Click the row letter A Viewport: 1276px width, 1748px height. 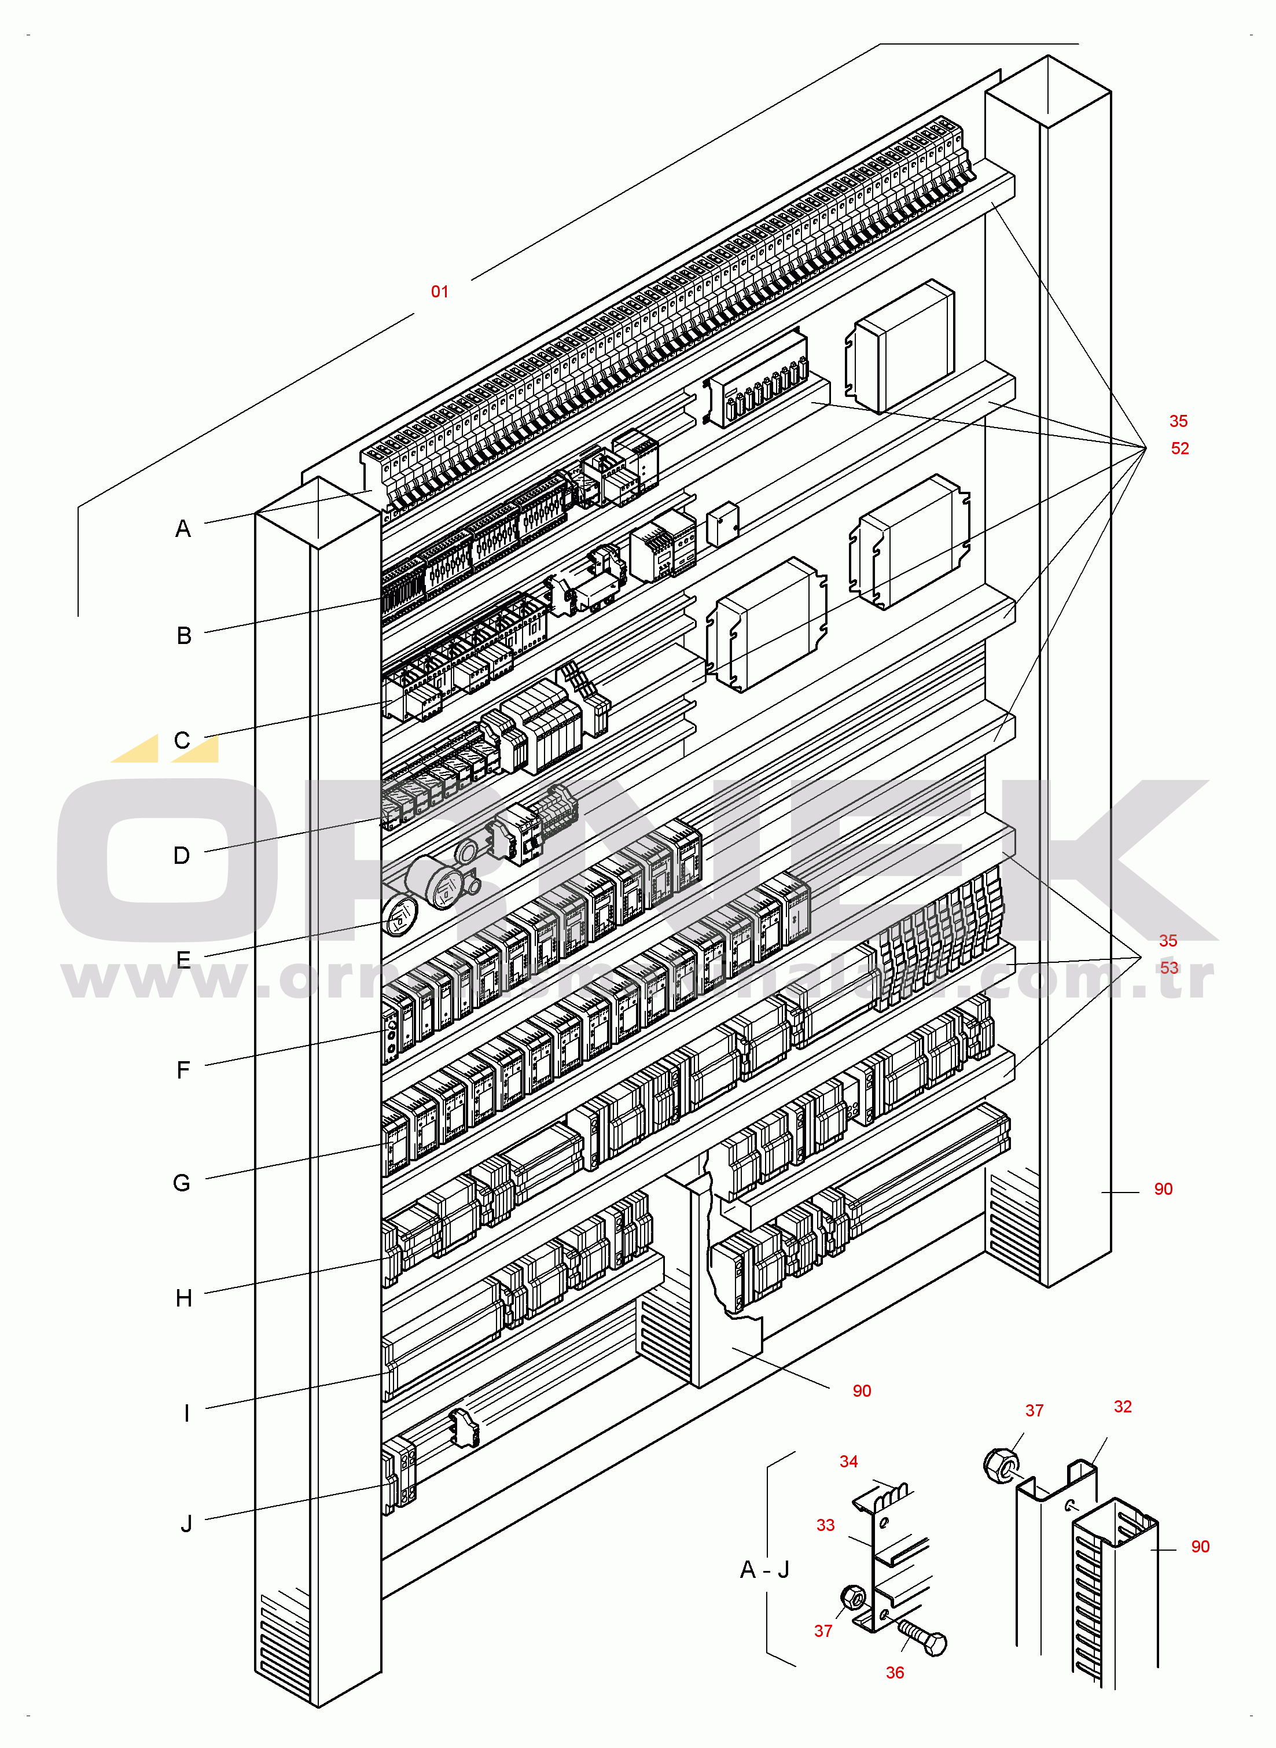tap(183, 529)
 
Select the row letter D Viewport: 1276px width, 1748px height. tap(182, 855)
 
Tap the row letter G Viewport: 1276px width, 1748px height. tap(182, 1183)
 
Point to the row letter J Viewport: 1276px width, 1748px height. tap(186, 1524)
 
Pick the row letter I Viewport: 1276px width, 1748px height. tap(186, 1413)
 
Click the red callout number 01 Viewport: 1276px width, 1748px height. tap(439, 292)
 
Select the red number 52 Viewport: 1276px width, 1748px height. tap(1179, 448)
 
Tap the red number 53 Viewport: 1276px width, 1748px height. tap(1168, 967)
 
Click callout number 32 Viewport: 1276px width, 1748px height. tap(1122, 1407)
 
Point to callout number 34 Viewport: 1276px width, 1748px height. tap(848, 1462)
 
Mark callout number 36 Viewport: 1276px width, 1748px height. tap(895, 1672)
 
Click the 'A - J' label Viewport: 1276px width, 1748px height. tap(764, 1570)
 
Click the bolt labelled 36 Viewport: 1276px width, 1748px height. tap(923, 1637)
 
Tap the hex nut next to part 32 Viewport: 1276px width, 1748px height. tap(1000, 1464)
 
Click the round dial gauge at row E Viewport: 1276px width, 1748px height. tap(399, 916)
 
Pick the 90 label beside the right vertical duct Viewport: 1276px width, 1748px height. tap(1163, 1189)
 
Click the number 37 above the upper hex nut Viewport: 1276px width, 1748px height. tap(1034, 1411)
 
